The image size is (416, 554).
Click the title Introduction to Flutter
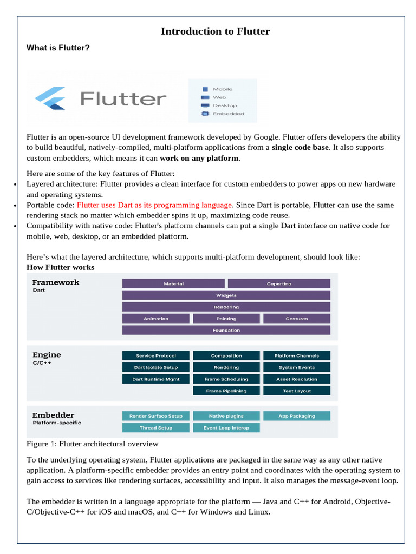[215, 31]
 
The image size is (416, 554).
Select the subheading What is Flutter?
[58, 48]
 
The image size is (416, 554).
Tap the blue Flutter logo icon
[50, 98]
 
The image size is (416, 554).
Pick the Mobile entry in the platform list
[222, 89]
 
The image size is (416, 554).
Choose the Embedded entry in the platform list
[227, 114]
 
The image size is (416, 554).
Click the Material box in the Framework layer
[173, 283]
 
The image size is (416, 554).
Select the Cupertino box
[279, 283]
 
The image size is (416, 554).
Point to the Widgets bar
[226, 295]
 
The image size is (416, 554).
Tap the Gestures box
[296, 319]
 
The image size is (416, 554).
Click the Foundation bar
[226, 330]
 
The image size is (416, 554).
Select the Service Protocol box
[156, 355]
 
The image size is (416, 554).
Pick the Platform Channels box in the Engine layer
[296, 355]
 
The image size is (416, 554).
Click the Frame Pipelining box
[226, 391]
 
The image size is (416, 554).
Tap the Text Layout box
[296, 391]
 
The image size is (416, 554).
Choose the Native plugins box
[226, 416]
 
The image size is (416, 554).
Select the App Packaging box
[296, 416]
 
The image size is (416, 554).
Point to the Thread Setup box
[156, 427]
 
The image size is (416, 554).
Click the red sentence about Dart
[154, 205]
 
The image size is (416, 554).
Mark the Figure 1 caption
[92, 444]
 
